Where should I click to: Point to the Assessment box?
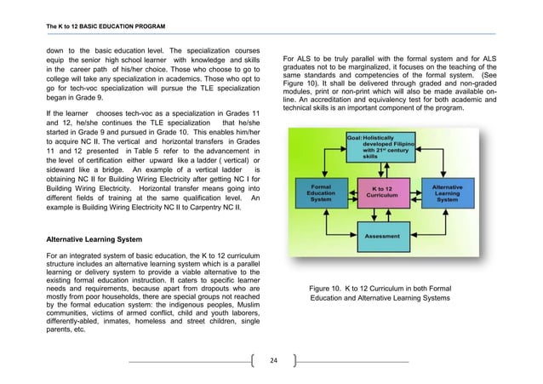[x=387, y=236]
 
